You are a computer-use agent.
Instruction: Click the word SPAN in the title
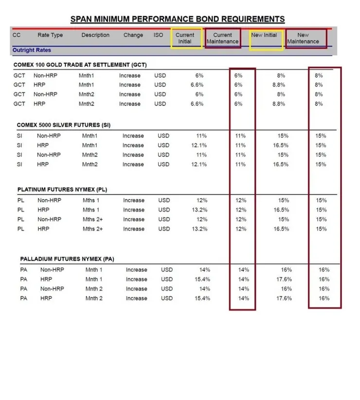pos(83,19)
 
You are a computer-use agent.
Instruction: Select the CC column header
pos(17,35)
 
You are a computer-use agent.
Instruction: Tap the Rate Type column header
pos(50,35)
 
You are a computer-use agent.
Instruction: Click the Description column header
pos(95,35)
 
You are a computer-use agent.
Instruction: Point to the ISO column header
pos(159,35)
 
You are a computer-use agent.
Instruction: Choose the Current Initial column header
pos(185,38)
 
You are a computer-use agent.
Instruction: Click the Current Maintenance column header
pos(223,38)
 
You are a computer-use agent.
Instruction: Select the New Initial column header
pos(264,35)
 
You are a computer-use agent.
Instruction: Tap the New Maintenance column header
pos(303,38)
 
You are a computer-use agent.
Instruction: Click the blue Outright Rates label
pos(32,50)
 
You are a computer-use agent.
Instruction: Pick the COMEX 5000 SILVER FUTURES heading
pos(64,125)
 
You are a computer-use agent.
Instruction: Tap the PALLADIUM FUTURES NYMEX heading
pos(67,259)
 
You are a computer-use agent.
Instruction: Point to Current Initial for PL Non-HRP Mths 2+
pos(201,219)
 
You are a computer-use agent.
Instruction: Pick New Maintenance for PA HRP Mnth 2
pos(324,298)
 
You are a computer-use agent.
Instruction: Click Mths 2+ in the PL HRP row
pos(92,229)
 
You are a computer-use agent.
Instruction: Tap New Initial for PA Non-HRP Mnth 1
pos(286,270)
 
